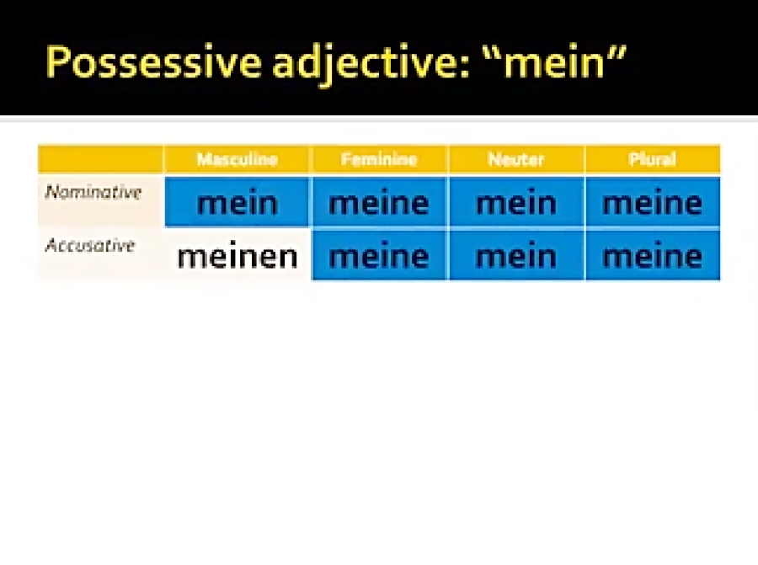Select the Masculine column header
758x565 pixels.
(x=237, y=159)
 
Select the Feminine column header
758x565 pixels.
(x=379, y=159)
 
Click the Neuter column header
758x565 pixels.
(x=515, y=159)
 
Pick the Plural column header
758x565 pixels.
(x=652, y=159)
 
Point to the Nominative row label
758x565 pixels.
(x=93, y=193)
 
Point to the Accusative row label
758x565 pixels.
(x=90, y=246)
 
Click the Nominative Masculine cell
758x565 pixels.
(x=237, y=202)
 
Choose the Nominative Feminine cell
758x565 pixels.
(x=379, y=202)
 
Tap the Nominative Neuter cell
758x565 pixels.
(x=515, y=202)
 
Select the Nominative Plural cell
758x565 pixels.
(x=652, y=202)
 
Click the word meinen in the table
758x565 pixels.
(x=237, y=256)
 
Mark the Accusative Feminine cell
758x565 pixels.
(x=379, y=256)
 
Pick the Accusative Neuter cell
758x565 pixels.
(x=515, y=256)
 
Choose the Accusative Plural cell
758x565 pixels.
(x=652, y=256)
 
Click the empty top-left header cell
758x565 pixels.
(x=100, y=159)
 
